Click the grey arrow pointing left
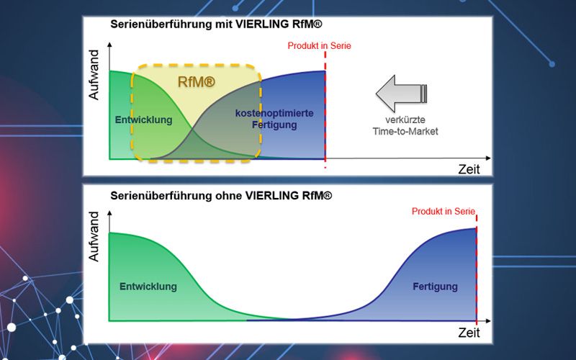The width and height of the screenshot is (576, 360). [401, 94]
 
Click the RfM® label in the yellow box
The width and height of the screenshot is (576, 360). [196, 82]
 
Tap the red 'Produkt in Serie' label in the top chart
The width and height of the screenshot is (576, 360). [319, 46]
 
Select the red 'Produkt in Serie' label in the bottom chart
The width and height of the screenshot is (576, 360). [444, 211]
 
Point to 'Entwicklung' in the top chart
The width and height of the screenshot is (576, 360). [143, 120]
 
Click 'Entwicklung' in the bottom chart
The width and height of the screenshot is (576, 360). [148, 287]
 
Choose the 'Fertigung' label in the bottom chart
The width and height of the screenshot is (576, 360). [436, 287]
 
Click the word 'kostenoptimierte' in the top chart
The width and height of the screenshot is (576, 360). [274, 113]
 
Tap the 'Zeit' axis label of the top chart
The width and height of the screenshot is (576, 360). [469, 169]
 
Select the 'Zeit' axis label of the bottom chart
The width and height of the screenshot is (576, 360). [469, 333]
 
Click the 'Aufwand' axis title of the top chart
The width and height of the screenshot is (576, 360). [94, 75]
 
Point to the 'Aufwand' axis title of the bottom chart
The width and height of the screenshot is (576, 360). [94, 236]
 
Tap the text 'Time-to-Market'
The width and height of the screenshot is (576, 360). [405, 131]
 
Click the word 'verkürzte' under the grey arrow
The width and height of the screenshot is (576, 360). [405, 120]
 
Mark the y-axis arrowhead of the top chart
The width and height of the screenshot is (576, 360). [109, 45]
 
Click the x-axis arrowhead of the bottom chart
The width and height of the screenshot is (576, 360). [488, 320]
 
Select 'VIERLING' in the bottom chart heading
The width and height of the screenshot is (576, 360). [272, 195]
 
